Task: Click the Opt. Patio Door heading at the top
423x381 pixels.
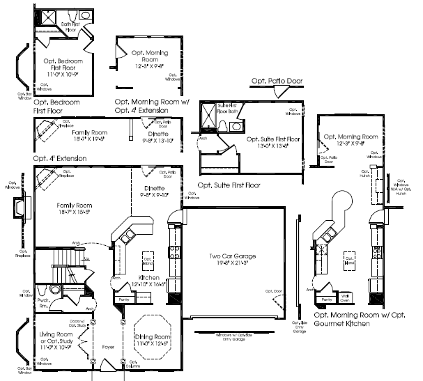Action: pyautogui.click(x=277, y=81)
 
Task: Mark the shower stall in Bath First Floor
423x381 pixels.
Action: pyautogui.click(x=49, y=17)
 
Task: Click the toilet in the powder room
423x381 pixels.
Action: pyautogui.click(x=41, y=289)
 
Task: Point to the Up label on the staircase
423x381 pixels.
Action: pyautogui.click(x=85, y=258)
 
